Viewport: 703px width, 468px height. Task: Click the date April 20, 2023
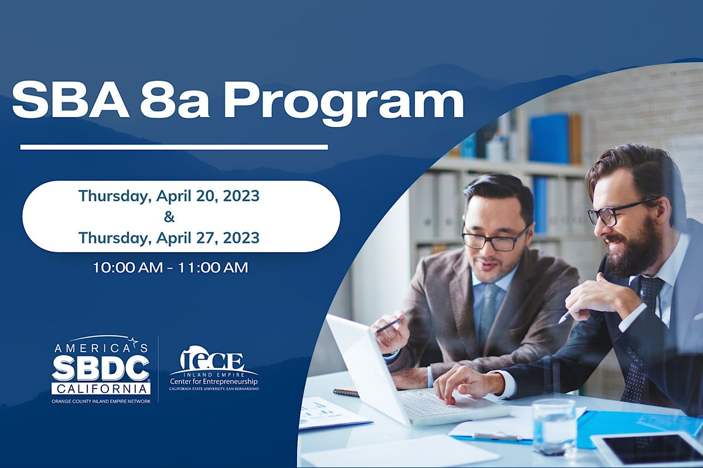tap(207, 197)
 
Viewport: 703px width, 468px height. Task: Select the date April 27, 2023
tap(207, 238)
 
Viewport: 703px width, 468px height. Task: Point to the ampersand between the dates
tap(169, 217)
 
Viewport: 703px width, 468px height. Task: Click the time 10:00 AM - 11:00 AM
tap(170, 268)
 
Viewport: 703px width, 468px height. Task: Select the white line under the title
tap(174, 147)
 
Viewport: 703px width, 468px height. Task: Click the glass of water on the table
tap(554, 425)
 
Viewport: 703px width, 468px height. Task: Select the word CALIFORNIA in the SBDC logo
tap(101, 388)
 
